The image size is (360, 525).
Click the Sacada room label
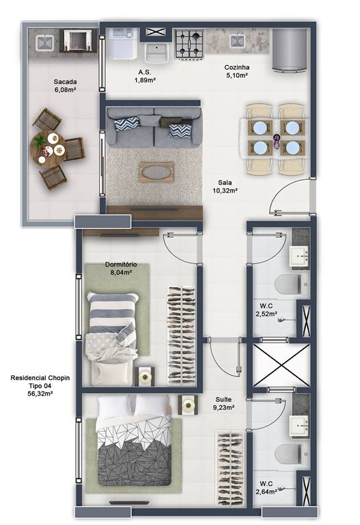(x=66, y=82)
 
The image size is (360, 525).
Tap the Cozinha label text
(x=236, y=67)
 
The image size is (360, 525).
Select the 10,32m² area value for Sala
(x=225, y=191)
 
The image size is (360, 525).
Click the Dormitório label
(x=121, y=265)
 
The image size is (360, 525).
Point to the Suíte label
(x=223, y=399)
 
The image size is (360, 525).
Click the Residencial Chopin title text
(x=40, y=378)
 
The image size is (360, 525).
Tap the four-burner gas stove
(x=189, y=44)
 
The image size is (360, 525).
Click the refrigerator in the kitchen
(x=290, y=50)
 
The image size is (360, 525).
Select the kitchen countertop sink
(x=238, y=41)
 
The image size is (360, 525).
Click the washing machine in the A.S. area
(x=123, y=44)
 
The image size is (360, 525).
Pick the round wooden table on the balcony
(x=48, y=148)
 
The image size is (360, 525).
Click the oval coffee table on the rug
(x=156, y=172)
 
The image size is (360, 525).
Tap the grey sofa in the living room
(x=154, y=128)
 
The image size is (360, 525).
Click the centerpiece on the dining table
(x=277, y=141)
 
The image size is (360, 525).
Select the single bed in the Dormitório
(x=112, y=338)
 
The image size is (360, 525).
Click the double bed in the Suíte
(x=135, y=440)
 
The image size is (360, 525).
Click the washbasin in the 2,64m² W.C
(x=299, y=427)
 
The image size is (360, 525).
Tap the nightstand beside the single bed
(x=145, y=377)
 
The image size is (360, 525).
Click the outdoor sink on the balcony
(x=45, y=43)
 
